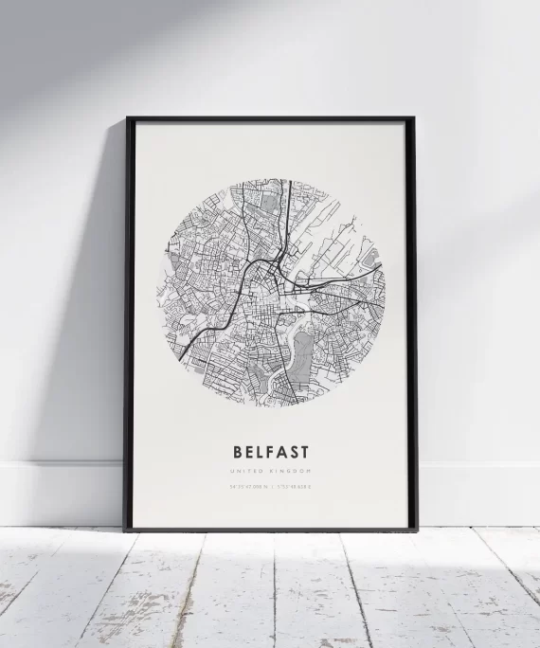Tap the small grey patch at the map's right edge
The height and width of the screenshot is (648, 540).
(370, 256)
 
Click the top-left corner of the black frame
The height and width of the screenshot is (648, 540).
(128, 118)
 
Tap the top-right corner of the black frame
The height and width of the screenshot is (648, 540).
(414, 118)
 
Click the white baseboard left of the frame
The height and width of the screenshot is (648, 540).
(57, 493)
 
